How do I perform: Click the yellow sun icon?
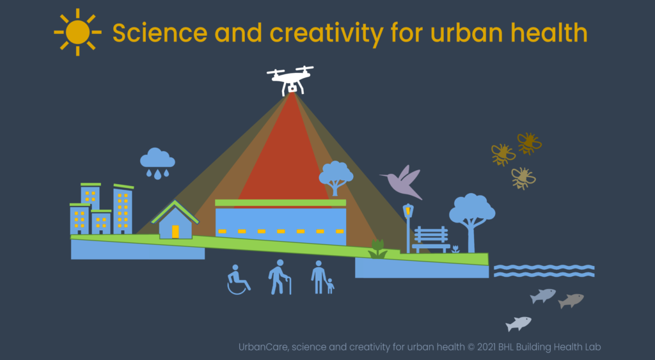(x=77, y=32)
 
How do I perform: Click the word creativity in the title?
(x=326, y=33)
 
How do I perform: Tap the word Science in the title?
(x=160, y=33)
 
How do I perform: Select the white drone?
(x=291, y=80)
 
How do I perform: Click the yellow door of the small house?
(x=175, y=231)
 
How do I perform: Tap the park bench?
(x=431, y=239)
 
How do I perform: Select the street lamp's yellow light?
(x=408, y=211)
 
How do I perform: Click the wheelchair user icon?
(x=238, y=279)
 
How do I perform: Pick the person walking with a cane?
(x=280, y=277)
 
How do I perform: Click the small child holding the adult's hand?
(x=330, y=286)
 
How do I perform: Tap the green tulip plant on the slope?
(x=377, y=249)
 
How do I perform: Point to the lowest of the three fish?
(x=518, y=324)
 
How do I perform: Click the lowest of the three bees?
(x=523, y=178)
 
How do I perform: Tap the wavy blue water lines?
(x=544, y=270)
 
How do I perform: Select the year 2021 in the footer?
(x=486, y=347)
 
